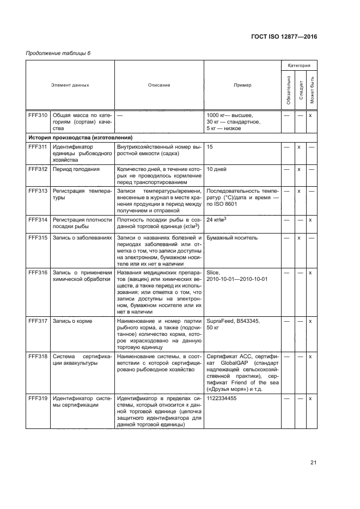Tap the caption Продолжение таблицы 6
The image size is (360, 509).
coord(51,52)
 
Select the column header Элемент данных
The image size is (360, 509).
coord(70,85)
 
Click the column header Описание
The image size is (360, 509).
coord(159,85)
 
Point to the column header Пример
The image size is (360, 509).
coord(242,85)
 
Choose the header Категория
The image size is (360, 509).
coord(299,65)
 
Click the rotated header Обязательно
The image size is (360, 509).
coord(287,90)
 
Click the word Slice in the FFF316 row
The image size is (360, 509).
coord(212,272)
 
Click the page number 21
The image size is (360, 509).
coord(313,463)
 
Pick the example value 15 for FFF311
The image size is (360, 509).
coord(210,147)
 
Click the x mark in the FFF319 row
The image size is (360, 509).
coord(310,414)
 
